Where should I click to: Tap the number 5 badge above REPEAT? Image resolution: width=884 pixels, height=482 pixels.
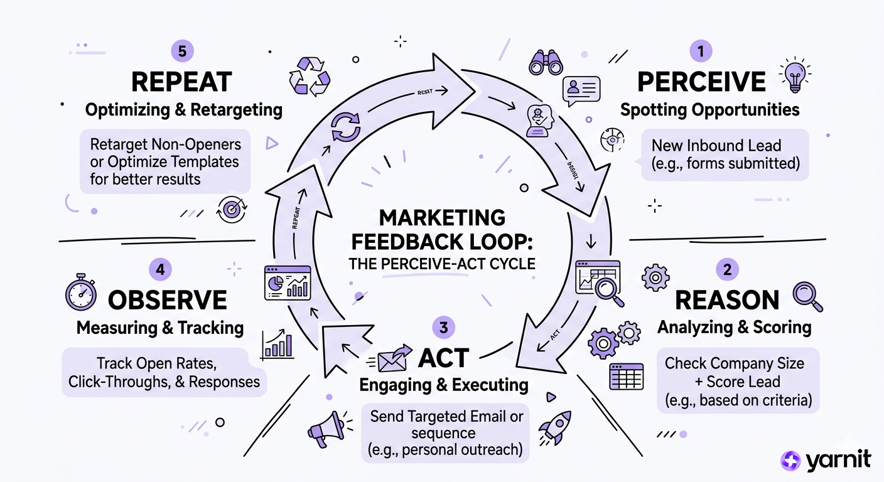182,51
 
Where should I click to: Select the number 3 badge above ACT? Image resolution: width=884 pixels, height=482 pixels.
444,327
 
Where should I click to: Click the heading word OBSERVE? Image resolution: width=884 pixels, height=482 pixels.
168,300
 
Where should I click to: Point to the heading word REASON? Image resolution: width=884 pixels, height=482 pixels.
727,300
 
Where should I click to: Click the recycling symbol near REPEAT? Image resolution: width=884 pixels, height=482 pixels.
308,77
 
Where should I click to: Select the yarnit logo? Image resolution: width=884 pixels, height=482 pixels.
826,460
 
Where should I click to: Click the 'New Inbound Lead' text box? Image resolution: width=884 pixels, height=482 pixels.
725,155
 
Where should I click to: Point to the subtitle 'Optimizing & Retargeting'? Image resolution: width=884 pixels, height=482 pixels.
183,110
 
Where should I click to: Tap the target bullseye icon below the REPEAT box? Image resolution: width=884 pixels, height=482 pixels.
230,210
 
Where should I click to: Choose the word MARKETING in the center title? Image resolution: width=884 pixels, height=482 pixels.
442,218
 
